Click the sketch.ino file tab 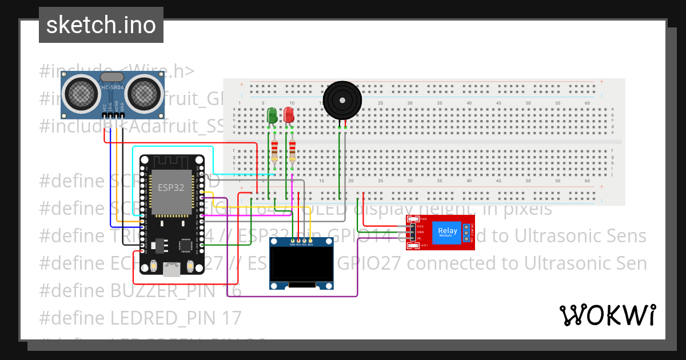point(101,25)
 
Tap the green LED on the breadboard point(273,115)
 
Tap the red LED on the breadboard point(290,115)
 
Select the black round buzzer point(342,101)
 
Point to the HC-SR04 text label point(112,87)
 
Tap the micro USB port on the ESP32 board point(171,269)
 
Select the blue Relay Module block point(448,232)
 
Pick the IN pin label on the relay point(419,238)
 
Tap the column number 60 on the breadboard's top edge point(587,103)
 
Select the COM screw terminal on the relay point(466,233)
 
